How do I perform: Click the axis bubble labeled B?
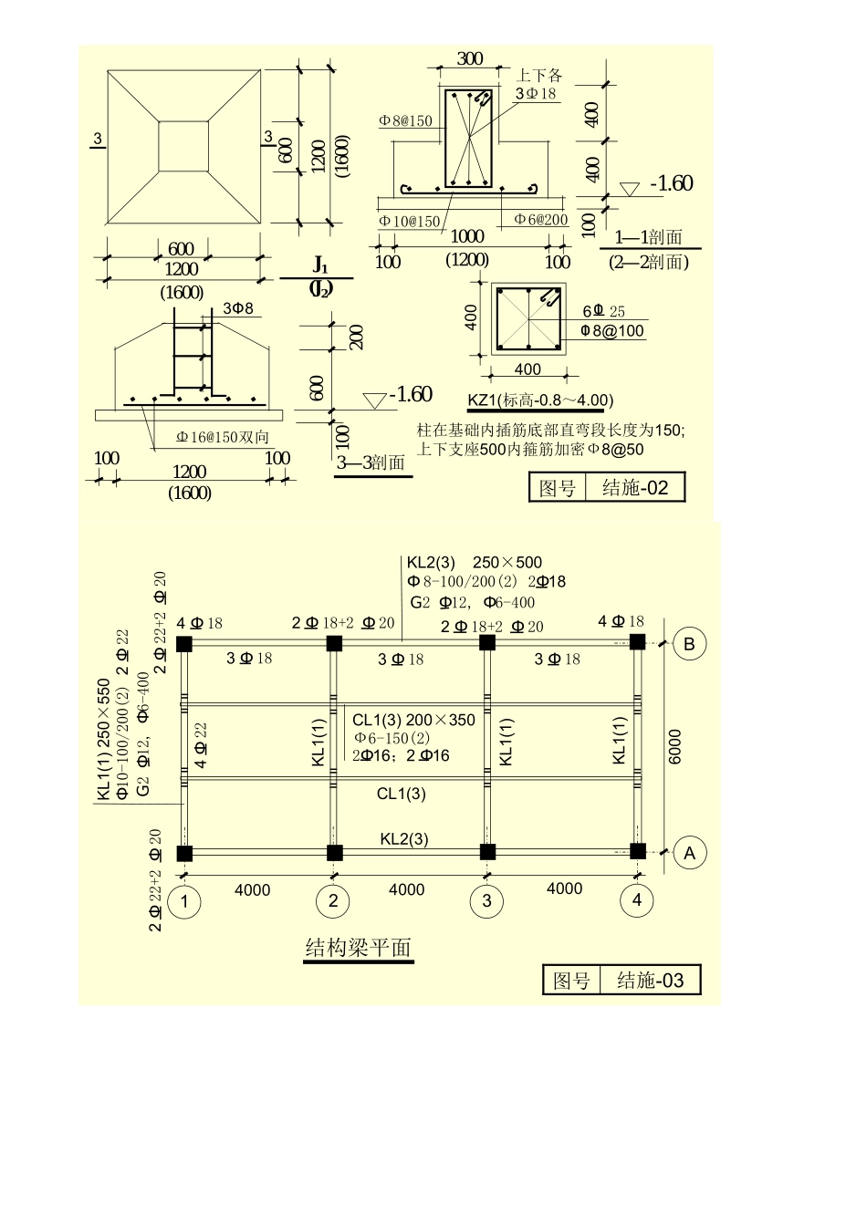point(689,643)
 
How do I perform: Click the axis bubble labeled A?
point(689,853)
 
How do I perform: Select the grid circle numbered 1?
point(185,901)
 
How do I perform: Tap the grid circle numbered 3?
point(486,901)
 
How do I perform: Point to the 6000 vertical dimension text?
point(675,746)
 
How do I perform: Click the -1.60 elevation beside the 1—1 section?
point(671,183)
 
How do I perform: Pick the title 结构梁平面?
point(358,948)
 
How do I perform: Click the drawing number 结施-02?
point(635,488)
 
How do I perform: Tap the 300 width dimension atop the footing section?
point(469,59)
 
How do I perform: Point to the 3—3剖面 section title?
point(371,462)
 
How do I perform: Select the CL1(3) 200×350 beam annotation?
point(413,720)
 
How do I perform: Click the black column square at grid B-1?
point(184,643)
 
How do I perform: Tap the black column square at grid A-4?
point(637,851)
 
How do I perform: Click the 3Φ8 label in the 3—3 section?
point(238,308)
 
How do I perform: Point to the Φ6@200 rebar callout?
point(540,220)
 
